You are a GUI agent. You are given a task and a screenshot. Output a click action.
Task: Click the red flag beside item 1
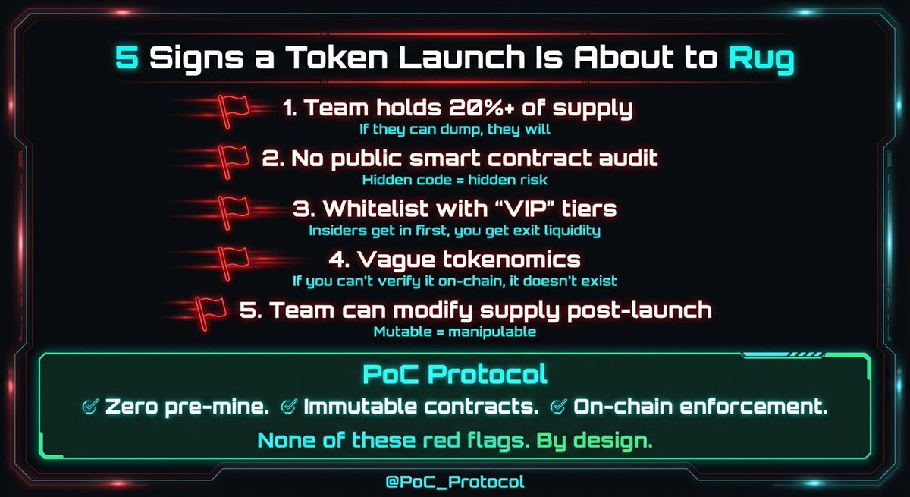point(234,109)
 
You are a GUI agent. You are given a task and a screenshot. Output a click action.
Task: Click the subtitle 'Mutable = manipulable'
point(455,332)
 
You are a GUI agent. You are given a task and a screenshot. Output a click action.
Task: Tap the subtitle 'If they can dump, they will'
point(455,129)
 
